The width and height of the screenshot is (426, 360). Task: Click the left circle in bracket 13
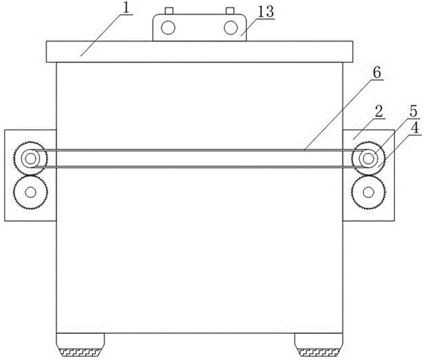[x=168, y=27]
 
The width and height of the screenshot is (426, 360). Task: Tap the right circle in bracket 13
[x=230, y=27]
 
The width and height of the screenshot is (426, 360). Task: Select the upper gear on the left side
[x=29, y=159]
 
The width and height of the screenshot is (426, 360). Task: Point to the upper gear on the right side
[x=368, y=159]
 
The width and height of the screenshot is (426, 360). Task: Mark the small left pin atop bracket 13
[x=168, y=11]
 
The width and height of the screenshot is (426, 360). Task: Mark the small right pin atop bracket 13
[x=229, y=11]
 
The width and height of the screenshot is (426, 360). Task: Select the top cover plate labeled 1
[x=197, y=51]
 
